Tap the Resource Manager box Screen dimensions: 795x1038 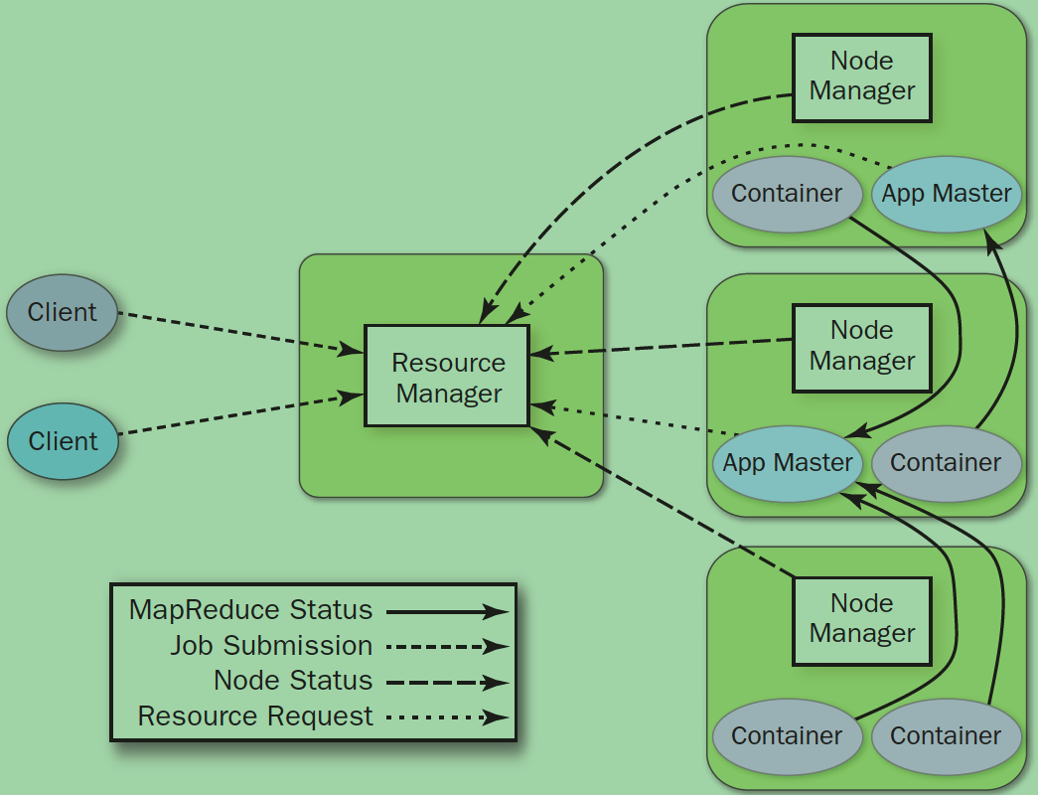coord(447,377)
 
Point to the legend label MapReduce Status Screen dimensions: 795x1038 coord(250,610)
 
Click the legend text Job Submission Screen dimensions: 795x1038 coord(271,646)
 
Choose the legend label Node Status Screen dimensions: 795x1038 coord(293,681)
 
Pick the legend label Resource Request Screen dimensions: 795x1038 coord(255,715)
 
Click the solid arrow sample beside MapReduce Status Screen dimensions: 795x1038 coord(447,611)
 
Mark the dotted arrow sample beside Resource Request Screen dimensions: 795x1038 coord(447,716)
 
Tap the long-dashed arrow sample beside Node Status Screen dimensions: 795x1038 coord(447,682)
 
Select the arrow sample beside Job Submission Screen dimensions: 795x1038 coord(447,647)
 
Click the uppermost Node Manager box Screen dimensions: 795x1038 coord(861,77)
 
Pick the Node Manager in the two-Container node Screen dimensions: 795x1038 coord(861,619)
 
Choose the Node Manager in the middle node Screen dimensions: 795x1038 coord(861,346)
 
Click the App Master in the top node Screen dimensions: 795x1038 coord(946,194)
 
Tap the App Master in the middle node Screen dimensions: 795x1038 coord(787,463)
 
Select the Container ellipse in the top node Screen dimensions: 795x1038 coord(787,194)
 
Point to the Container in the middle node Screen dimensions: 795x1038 coord(946,463)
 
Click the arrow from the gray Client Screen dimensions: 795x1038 coord(238,332)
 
